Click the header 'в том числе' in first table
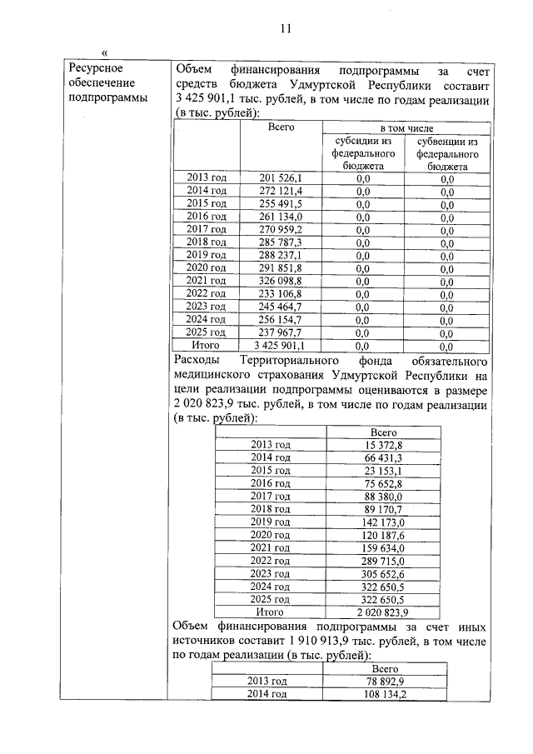406,128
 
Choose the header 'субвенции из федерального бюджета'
446,154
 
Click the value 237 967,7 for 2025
281,332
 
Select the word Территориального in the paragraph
284,361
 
